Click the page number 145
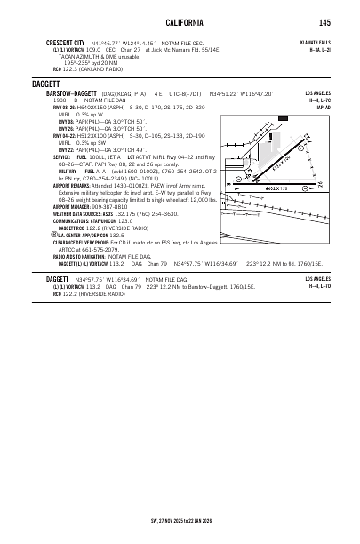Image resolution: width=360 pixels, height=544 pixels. (x=326, y=22)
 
